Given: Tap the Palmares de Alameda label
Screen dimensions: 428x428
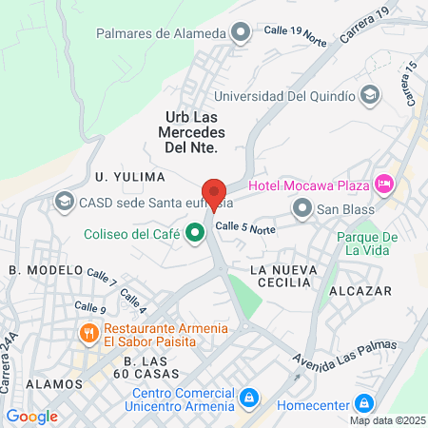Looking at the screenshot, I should coord(161,33).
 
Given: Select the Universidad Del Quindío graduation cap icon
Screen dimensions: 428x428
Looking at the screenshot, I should coord(370,95).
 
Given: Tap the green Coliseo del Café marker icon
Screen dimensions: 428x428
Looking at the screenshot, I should coord(196,232).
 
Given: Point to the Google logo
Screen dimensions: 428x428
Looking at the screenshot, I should coord(31,416).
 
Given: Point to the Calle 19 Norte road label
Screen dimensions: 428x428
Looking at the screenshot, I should coord(295,33).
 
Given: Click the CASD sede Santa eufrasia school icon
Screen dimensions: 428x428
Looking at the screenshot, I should coord(64,201).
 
